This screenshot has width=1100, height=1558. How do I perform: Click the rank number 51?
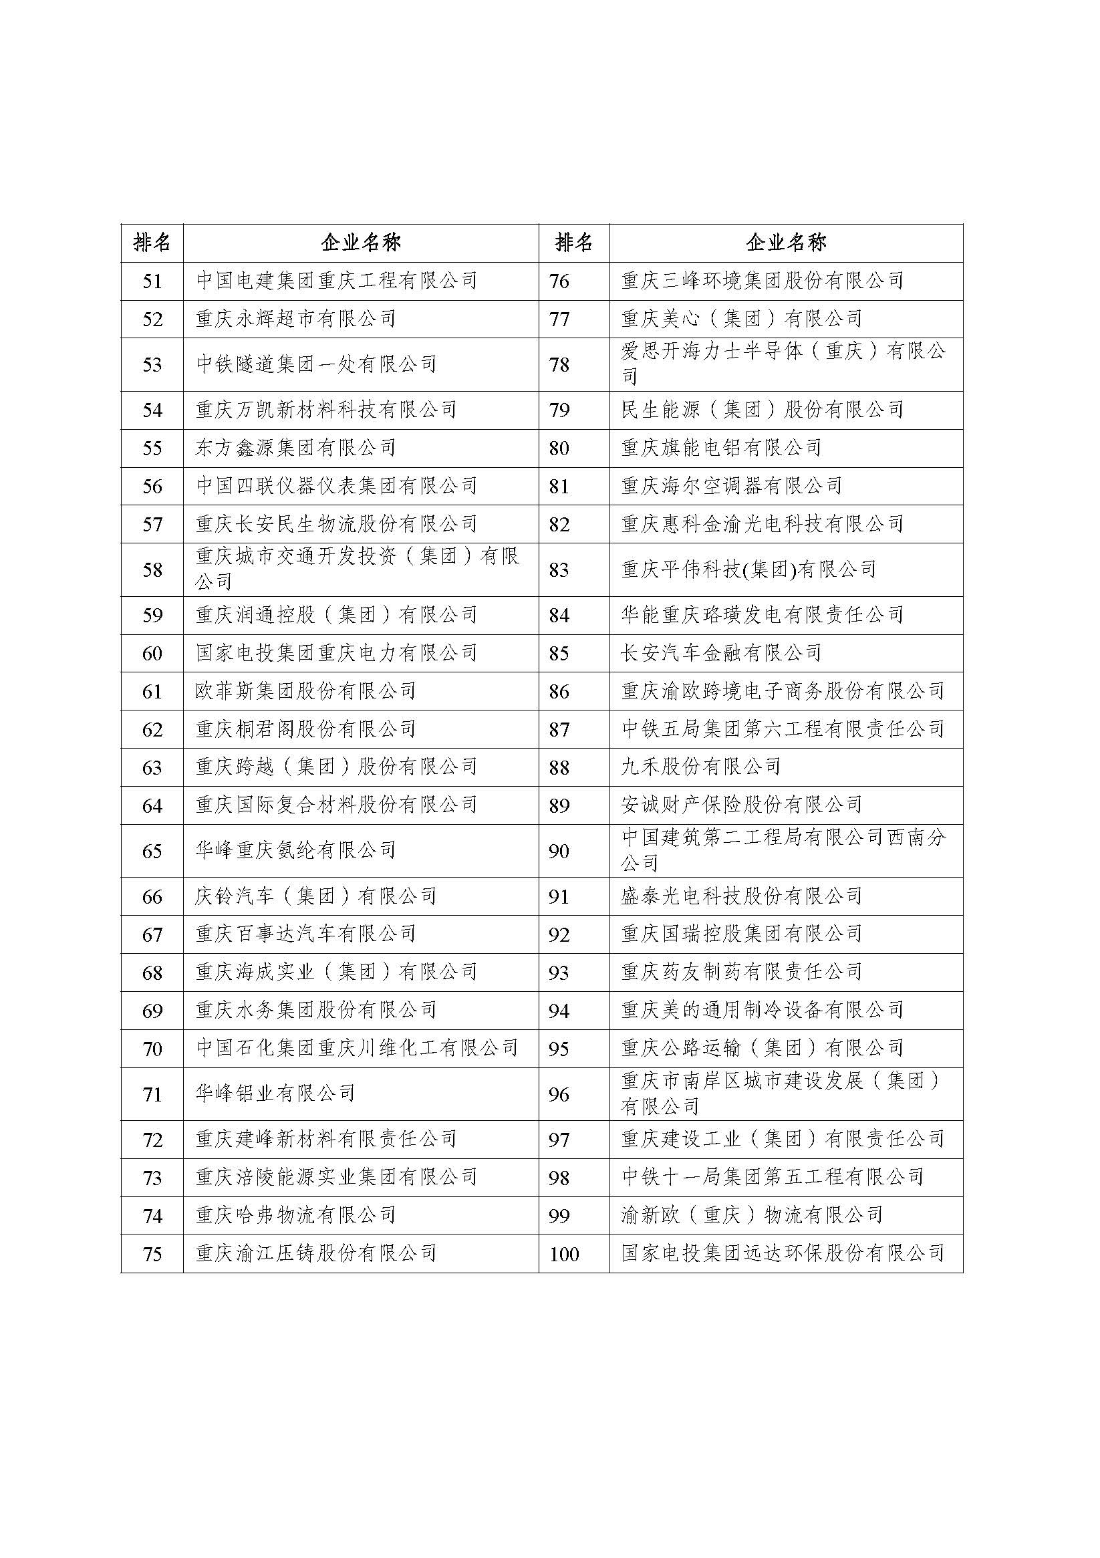point(152,281)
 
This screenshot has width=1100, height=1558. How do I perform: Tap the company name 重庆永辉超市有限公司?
point(296,319)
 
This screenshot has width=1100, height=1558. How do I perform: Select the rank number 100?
point(564,1254)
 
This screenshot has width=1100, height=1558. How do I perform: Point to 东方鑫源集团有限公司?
point(296,448)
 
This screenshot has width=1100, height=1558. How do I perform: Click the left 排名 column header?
point(152,243)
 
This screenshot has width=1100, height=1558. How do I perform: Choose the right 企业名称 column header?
point(786,243)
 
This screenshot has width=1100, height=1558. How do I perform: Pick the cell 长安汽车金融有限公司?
point(721,654)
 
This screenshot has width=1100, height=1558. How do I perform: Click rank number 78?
point(559,365)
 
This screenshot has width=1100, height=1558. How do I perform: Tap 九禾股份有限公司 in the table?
point(701,767)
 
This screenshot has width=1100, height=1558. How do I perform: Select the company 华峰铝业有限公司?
point(275,1093)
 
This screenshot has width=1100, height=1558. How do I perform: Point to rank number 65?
point(152,851)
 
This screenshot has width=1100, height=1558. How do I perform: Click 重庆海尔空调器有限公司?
point(732,486)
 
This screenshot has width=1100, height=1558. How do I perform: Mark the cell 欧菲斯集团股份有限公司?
point(305,692)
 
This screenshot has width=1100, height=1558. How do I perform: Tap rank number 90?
point(559,851)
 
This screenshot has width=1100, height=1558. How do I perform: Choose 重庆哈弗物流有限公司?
point(296,1215)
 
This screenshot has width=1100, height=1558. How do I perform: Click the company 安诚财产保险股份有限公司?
point(742,805)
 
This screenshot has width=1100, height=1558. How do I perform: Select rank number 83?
point(559,570)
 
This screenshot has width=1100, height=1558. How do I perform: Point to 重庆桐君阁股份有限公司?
point(305,729)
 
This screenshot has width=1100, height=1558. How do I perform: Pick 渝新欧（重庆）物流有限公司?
point(752,1215)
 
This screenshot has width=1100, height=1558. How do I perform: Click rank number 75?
point(152,1254)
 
